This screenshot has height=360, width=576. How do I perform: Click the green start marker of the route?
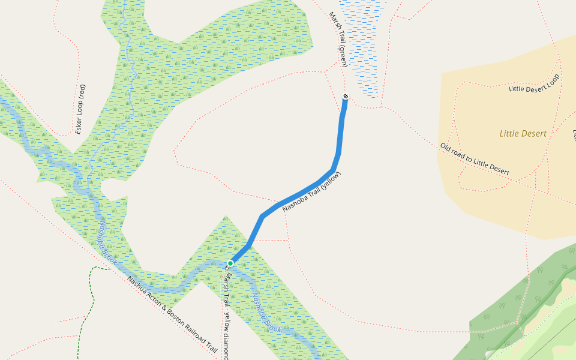[x=230, y=263]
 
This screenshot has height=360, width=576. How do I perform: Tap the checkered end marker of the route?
[x=345, y=97]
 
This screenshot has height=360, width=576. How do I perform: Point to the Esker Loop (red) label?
[x=80, y=109]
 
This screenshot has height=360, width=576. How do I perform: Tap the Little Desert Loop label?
[x=533, y=84]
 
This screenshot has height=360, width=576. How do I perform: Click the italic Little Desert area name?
[x=523, y=134]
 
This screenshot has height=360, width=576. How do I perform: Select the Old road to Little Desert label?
[x=475, y=160]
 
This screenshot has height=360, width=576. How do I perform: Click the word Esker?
[x=79, y=124]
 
